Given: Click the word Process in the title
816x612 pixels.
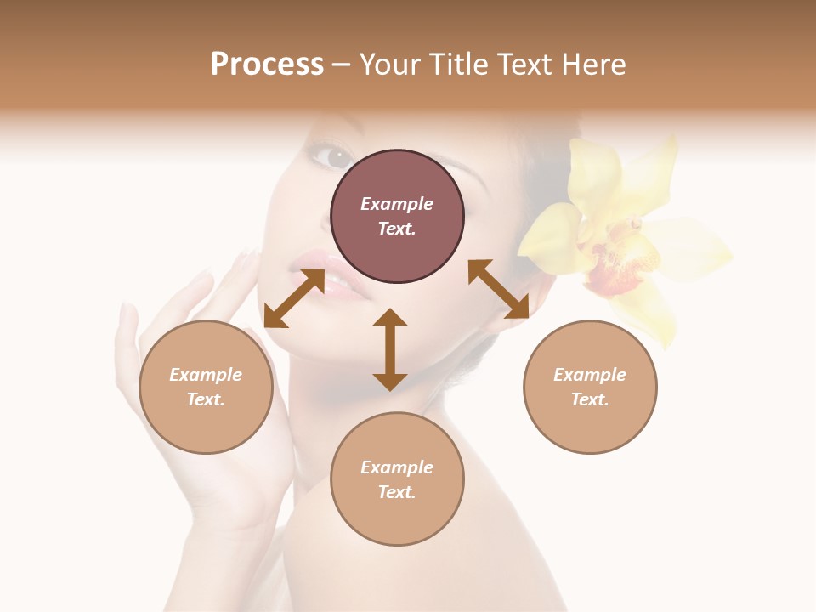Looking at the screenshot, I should click(267, 65).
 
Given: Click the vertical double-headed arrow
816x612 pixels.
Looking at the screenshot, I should click(390, 349).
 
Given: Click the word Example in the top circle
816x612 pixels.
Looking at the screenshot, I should click(397, 204).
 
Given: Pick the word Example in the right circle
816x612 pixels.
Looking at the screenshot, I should click(590, 375).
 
